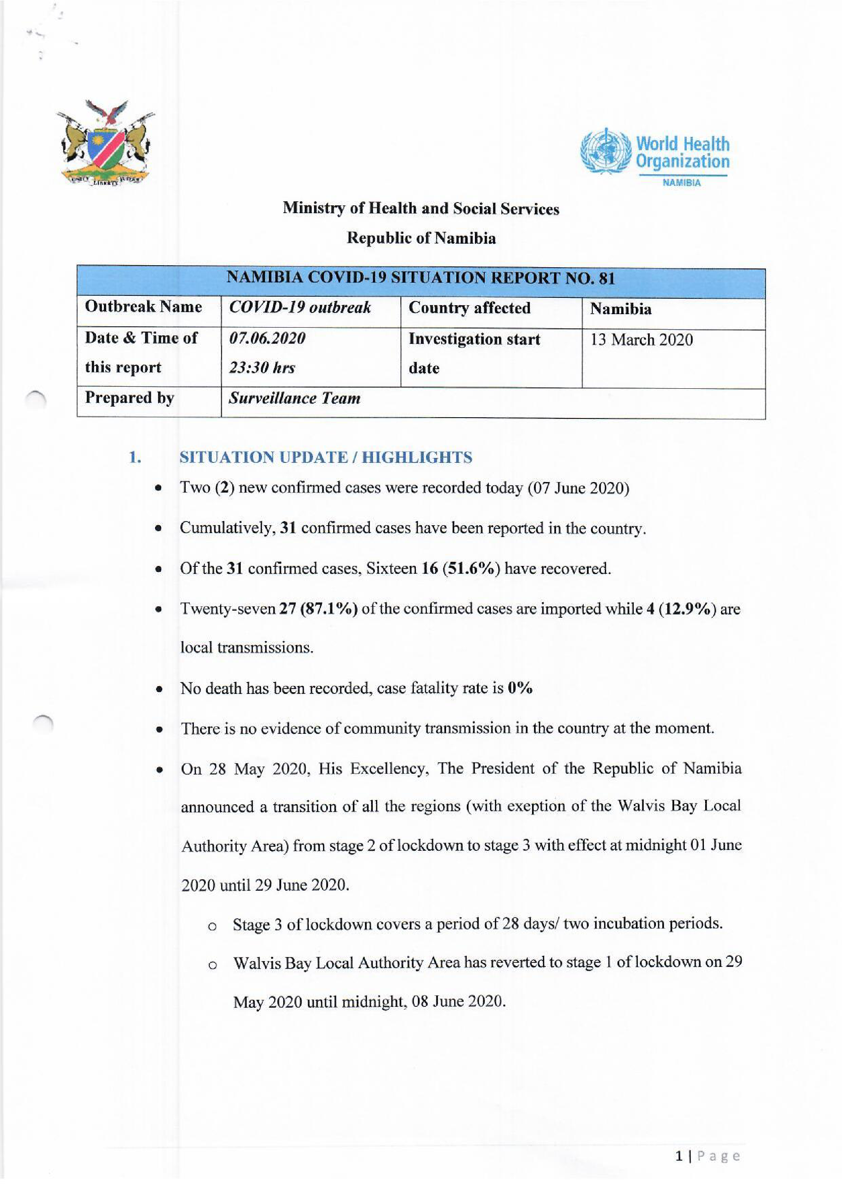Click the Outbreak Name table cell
pyautogui.click(x=143, y=307)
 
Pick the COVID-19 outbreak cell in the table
pyautogui.click(x=300, y=308)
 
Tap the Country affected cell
pyautogui.click(x=469, y=308)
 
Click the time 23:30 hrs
pyautogui.click(x=262, y=368)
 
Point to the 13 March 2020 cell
pyautogui.click(x=641, y=340)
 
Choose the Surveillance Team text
pyautogui.click(x=295, y=398)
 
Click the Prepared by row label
pyautogui.click(x=129, y=398)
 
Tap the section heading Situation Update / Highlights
pyautogui.click(x=325, y=458)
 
